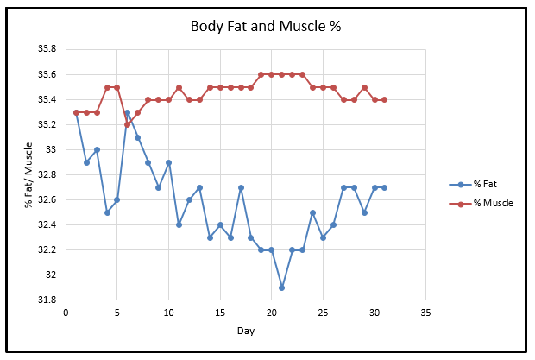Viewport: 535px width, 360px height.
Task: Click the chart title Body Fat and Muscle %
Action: coord(266,25)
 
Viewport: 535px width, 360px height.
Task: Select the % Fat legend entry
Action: coord(484,183)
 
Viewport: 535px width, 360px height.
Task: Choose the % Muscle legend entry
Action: coord(489,203)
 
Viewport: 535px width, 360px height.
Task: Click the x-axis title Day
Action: coord(245,330)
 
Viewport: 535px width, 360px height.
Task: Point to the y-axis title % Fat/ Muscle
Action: coord(29,175)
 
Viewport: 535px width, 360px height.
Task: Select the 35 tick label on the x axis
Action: coord(425,313)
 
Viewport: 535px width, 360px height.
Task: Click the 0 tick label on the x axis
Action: coord(66,313)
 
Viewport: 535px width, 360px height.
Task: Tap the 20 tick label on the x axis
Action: coord(271,313)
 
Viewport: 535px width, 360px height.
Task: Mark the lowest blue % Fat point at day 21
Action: coord(281,287)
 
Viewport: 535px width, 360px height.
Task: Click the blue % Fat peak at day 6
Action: coord(127,112)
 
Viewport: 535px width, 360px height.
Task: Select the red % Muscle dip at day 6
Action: coord(127,124)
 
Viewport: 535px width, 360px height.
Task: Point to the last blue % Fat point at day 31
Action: coord(384,187)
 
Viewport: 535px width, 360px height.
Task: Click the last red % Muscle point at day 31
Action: coord(384,99)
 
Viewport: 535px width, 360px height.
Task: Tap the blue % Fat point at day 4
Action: coord(107,212)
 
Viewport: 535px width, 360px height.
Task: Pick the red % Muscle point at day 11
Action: coord(179,87)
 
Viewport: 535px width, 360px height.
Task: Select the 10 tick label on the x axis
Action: coord(168,313)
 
